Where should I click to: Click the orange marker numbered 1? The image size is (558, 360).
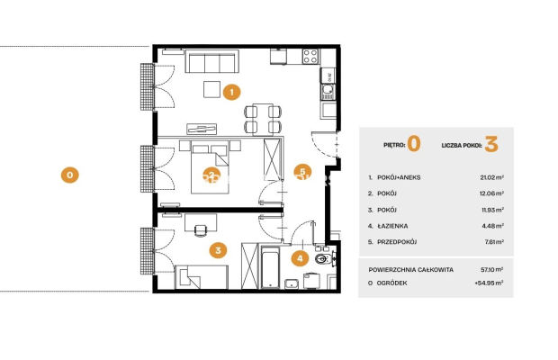click(231, 92)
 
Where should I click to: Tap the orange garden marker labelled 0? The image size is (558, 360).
click(70, 175)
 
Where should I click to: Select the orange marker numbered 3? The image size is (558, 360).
click(218, 250)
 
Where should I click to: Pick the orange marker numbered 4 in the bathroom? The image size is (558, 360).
click(300, 258)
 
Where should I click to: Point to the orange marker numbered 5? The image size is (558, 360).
click(302, 172)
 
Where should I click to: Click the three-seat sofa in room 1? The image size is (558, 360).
click(212, 61)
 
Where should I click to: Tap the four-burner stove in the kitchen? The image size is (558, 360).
click(310, 57)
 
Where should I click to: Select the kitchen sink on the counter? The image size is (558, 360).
click(328, 92)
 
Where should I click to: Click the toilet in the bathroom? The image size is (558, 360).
click(324, 258)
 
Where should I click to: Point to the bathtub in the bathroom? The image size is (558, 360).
click(270, 267)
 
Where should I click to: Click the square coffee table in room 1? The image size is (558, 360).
click(211, 89)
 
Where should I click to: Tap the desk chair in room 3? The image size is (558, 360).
click(201, 230)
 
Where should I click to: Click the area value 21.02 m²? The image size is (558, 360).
click(491, 177)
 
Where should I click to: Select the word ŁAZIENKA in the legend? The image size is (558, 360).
click(392, 226)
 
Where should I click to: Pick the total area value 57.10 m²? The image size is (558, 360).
click(491, 270)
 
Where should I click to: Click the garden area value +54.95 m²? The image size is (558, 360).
click(489, 283)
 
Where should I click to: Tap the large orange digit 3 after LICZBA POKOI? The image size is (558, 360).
click(491, 144)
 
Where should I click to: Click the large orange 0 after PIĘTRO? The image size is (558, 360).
click(414, 144)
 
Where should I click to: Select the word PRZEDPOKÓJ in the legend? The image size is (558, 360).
click(397, 242)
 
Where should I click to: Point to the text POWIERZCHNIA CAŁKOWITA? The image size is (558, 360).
click(411, 270)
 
